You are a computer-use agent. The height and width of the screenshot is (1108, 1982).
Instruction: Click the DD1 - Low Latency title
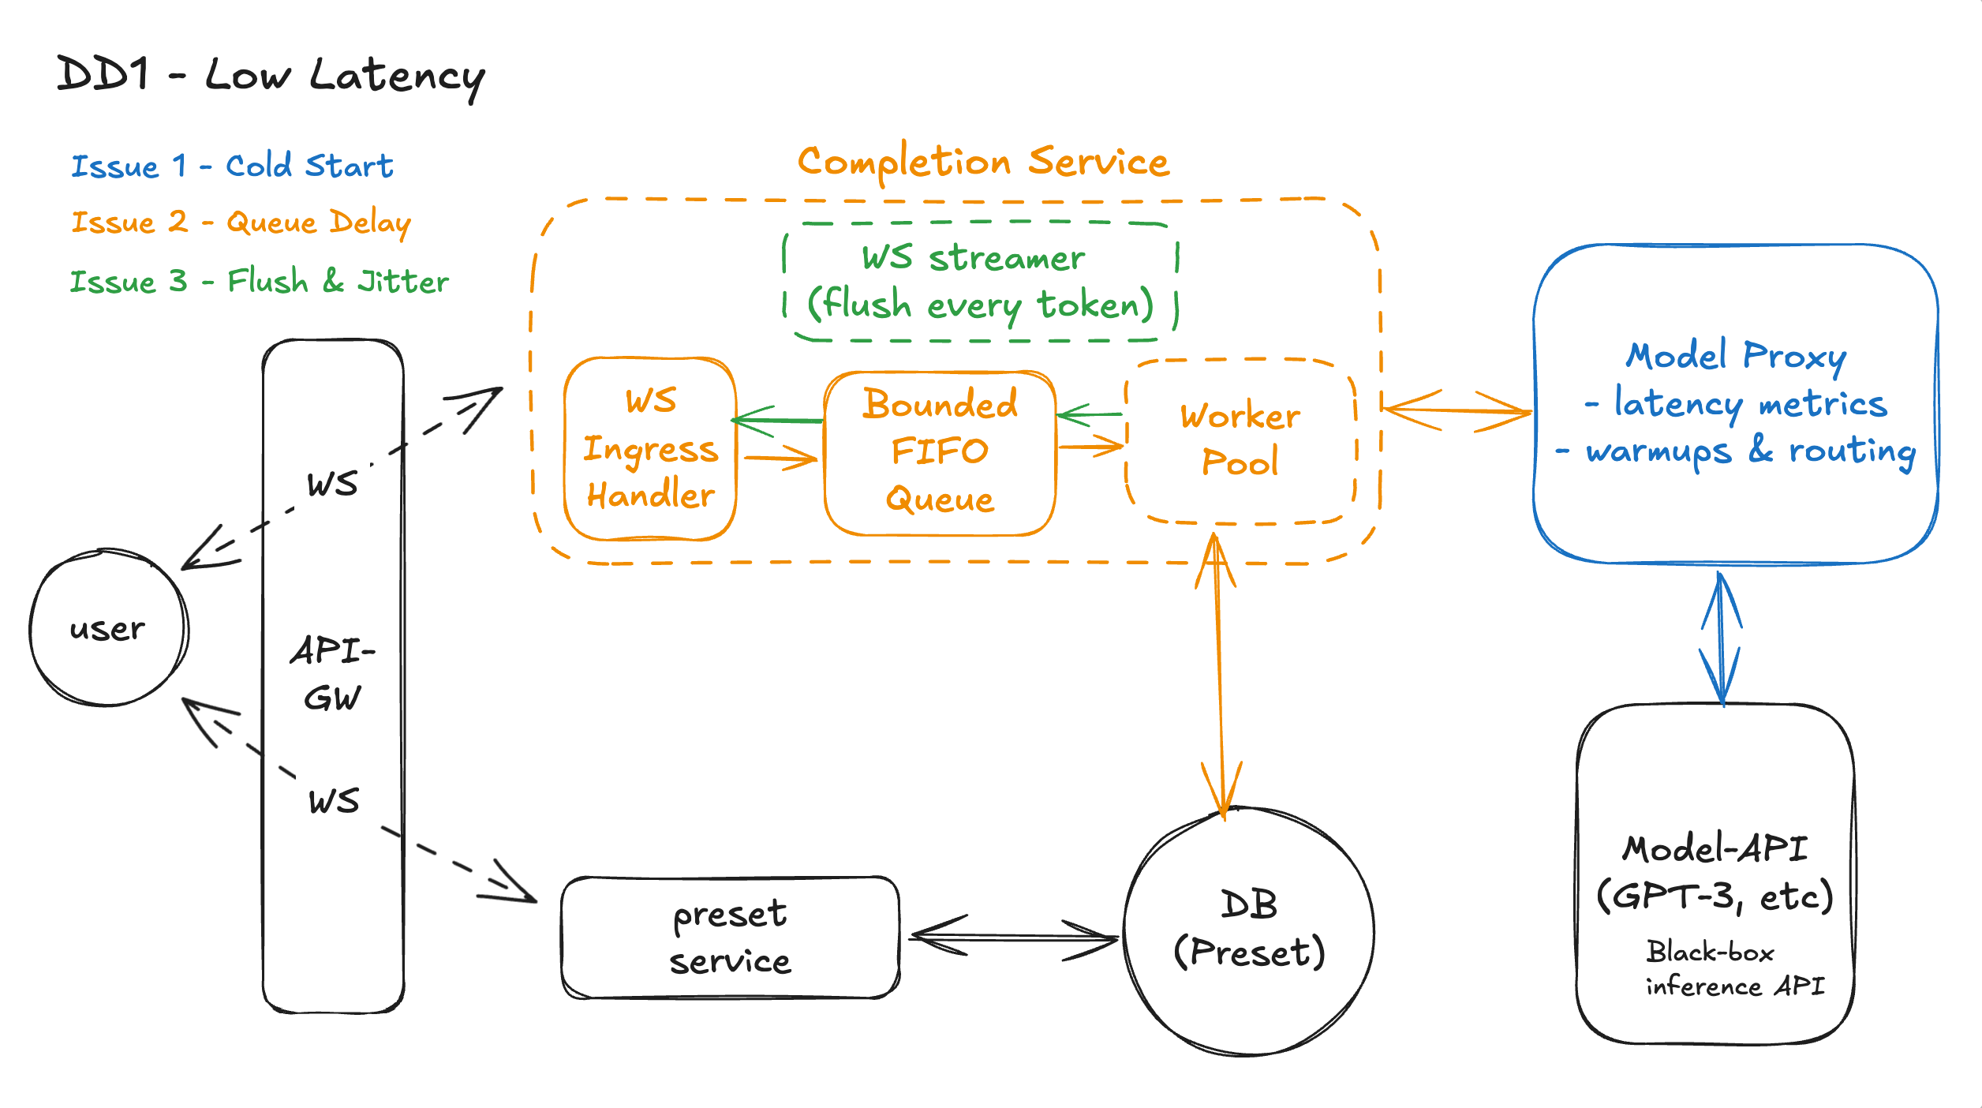(x=271, y=77)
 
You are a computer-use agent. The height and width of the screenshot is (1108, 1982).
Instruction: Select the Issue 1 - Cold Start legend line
(x=232, y=166)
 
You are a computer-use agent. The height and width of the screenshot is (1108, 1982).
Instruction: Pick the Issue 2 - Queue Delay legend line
(x=241, y=223)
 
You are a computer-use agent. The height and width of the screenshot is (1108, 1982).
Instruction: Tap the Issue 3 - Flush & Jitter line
(x=259, y=282)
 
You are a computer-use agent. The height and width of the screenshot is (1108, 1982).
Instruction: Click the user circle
(x=108, y=628)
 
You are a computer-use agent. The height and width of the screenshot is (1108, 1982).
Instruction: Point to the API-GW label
(x=332, y=673)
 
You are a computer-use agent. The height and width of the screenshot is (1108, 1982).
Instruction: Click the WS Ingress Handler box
(x=650, y=448)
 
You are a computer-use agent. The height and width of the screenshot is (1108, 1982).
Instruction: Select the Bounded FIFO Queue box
(x=939, y=452)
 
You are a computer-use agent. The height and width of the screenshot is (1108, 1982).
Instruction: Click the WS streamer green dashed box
(x=980, y=282)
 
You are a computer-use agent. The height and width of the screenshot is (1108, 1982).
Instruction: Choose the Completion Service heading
(x=983, y=162)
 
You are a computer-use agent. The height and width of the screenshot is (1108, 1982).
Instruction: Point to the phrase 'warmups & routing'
(x=1750, y=451)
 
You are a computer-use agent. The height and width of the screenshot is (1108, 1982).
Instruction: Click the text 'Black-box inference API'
(x=1734, y=969)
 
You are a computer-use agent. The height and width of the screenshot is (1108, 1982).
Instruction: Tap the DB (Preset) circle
(x=1248, y=931)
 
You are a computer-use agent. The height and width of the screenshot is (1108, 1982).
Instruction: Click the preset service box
(x=730, y=938)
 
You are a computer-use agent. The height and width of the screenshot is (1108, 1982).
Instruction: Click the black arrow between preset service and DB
(x=1014, y=938)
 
